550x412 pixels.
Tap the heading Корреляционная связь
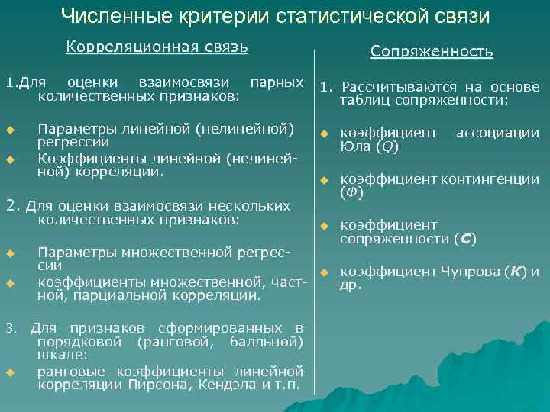point(157,47)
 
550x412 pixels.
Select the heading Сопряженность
point(432,52)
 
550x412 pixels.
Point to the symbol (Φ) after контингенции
point(351,193)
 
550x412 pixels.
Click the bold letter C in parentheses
point(464,239)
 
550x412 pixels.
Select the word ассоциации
point(497,133)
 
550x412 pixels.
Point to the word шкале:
point(62,355)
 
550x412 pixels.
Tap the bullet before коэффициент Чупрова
point(323,272)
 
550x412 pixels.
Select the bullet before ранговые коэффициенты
point(11,372)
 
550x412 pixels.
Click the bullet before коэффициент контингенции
point(323,180)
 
